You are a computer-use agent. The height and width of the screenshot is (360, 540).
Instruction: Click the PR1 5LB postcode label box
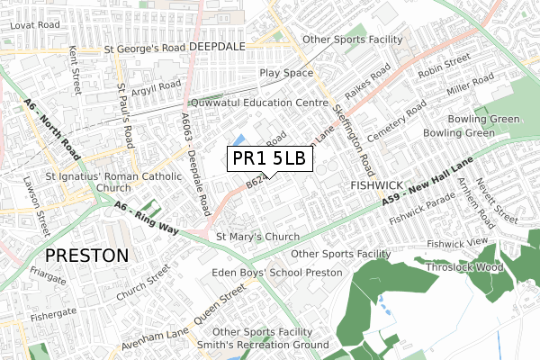[x=269, y=158]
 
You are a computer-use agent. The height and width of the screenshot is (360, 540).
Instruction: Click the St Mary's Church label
[x=257, y=238]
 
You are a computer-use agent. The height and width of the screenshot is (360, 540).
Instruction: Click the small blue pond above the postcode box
[x=240, y=139]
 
